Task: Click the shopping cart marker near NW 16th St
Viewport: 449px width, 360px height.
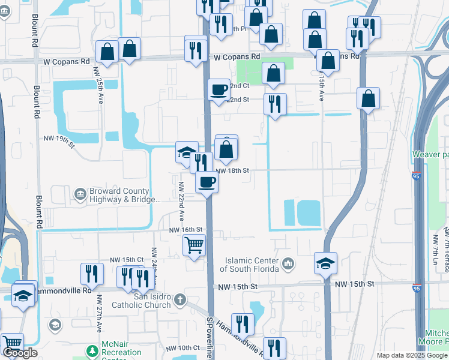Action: (x=194, y=245)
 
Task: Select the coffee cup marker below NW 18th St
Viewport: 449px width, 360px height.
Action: (x=206, y=182)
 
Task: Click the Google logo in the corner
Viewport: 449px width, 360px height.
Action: (x=20, y=353)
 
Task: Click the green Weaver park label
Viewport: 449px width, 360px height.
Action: (x=430, y=154)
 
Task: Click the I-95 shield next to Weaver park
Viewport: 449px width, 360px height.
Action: (x=417, y=176)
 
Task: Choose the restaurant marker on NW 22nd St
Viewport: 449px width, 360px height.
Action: (x=275, y=104)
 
